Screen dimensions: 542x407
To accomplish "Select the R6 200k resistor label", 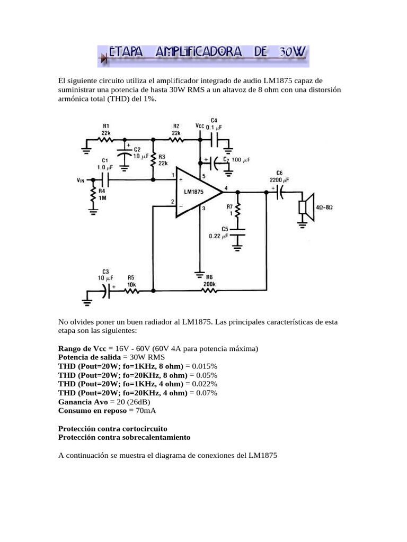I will [x=209, y=281].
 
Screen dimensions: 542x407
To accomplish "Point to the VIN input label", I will [x=81, y=180].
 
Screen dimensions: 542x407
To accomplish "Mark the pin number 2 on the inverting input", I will [x=173, y=202].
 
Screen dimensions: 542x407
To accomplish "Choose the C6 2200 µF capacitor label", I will [x=279, y=176].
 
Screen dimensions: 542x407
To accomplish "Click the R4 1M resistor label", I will [x=102, y=194].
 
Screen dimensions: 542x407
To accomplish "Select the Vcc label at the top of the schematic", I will [x=199, y=126].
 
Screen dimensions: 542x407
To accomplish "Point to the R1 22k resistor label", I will [x=106, y=129].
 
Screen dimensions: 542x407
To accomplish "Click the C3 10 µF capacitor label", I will [x=104, y=275].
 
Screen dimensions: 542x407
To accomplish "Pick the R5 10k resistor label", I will [x=131, y=281].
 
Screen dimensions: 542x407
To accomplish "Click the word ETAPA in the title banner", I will [x=129, y=52].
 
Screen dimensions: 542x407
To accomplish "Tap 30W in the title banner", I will [x=291, y=52].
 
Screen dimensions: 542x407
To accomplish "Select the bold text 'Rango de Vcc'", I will [x=82, y=349].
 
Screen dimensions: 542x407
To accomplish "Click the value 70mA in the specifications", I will [x=146, y=411].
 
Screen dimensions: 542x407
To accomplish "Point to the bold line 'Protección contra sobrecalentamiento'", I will [x=124, y=438].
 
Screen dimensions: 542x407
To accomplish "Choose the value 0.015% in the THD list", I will [x=203, y=366].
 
